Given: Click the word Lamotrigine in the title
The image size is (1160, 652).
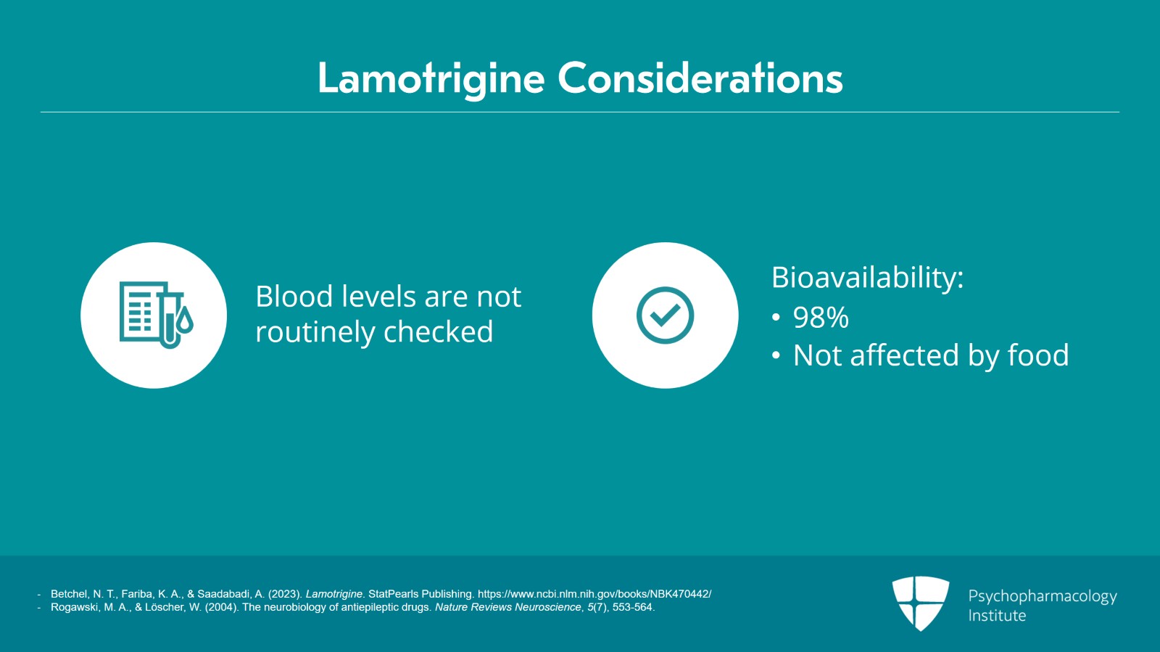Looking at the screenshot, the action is [431, 79].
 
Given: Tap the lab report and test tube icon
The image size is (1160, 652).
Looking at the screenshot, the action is [156, 315].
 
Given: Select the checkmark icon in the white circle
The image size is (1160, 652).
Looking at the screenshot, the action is [665, 315].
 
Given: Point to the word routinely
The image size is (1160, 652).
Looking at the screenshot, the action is [315, 332].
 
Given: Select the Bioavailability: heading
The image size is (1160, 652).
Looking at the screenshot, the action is [867, 278].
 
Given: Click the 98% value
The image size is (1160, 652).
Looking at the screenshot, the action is [821, 317].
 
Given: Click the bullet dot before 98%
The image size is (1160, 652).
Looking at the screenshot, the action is [776, 317].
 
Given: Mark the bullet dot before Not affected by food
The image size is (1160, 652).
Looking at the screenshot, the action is [776, 356].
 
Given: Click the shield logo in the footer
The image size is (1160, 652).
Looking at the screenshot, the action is [921, 603].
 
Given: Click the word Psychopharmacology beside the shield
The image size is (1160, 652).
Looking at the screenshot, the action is [1043, 597].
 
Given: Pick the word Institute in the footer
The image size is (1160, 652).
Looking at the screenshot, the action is [997, 616].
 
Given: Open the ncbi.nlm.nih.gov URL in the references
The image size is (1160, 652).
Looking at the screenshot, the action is [594, 594].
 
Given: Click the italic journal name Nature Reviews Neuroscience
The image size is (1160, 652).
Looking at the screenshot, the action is [508, 607].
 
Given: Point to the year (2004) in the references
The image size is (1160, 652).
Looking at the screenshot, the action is [222, 607].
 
